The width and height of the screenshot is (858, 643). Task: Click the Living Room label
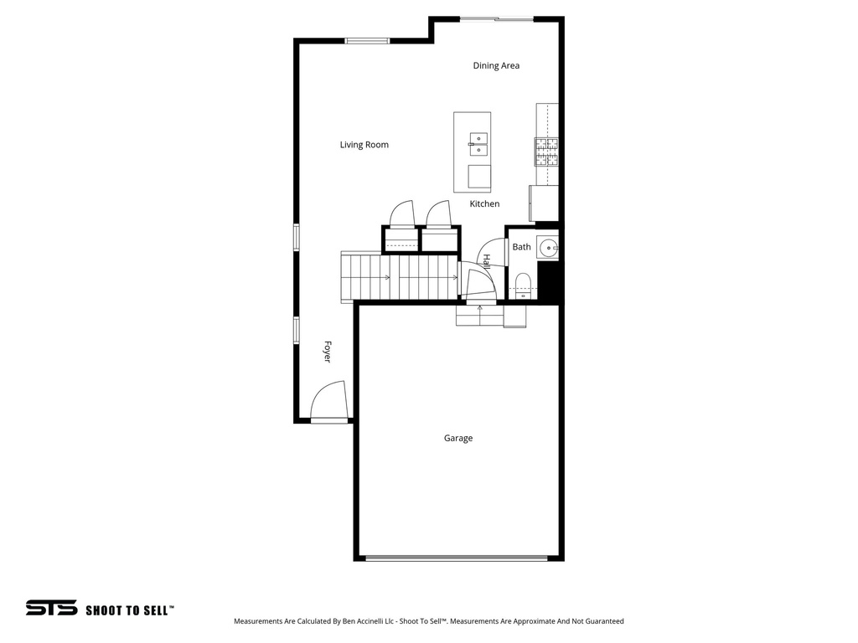tap(364, 145)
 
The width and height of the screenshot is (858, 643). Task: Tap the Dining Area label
tap(496, 65)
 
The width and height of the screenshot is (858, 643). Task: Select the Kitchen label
tap(484, 203)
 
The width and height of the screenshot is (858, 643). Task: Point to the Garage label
tap(458, 438)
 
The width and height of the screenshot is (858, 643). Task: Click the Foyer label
tap(328, 352)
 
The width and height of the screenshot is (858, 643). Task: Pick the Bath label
tap(522, 247)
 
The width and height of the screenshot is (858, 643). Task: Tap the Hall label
tap(486, 260)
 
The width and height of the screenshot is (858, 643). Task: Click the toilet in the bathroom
tap(522, 282)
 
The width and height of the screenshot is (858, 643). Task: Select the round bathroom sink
tap(549, 247)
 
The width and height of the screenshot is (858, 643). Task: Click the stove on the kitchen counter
tap(546, 151)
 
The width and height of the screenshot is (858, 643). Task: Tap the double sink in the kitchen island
tap(478, 144)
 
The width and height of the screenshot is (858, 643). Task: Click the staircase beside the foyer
tap(399, 277)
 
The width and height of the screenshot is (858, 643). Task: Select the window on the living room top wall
tap(367, 40)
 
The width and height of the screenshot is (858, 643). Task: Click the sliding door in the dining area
tap(497, 18)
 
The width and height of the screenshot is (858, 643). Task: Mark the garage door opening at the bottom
tap(457, 558)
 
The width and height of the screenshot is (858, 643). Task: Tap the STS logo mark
tap(51, 608)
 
